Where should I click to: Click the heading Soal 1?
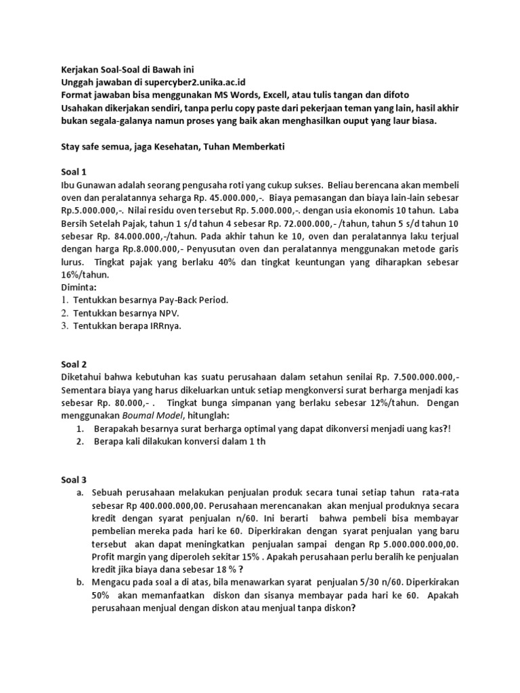(66, 172)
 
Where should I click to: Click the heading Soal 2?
(66, 363)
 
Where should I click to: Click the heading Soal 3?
(66, 480)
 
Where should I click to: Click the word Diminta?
(71, 287)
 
